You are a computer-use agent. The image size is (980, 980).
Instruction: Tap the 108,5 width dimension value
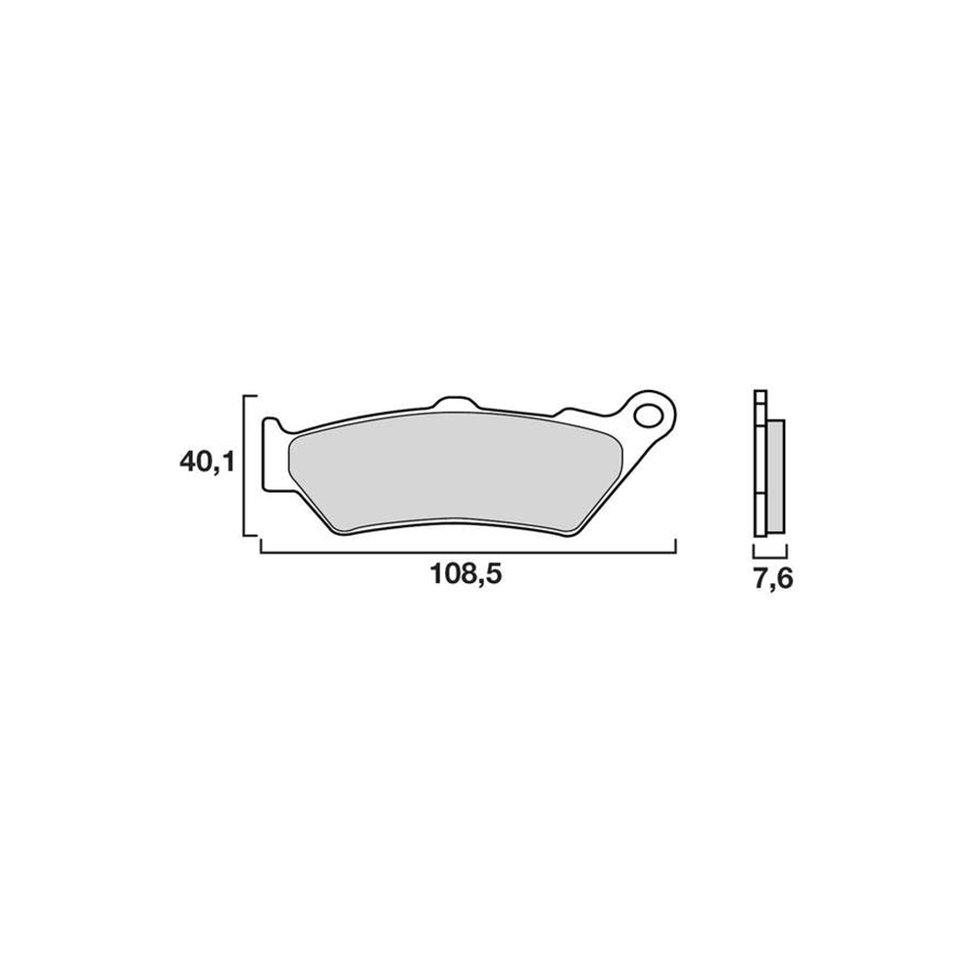(466, 577)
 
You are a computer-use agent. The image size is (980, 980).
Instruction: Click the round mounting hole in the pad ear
(649, 416)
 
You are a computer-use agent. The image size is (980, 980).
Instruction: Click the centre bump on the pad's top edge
(453, 403)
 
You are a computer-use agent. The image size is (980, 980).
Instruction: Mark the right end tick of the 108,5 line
(676, 545)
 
